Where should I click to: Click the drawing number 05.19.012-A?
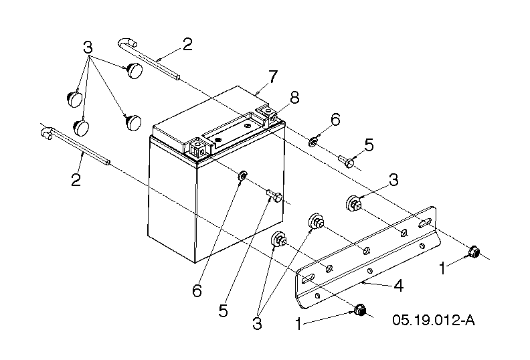pyautogui.click(x=434, y=319)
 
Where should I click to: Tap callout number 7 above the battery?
pyautogui.click(x=272, y=77)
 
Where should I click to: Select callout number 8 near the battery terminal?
pyautogui.click(x=294, y=98)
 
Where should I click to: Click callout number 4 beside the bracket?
pyautogui.click(x=399, y=286)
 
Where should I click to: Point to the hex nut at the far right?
pyautogui.click(x=474, y=251)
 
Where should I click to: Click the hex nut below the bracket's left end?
pyautogui.click(x=360, y=309)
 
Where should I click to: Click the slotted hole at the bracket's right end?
pyautogui.click(x=424, y=223)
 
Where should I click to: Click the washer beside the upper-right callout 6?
pyautogui.click(x=313, y=142)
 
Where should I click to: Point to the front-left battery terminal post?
pyautogui.click(x=197, y=149)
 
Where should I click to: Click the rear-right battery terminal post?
pyautogui.click(x=268, y=113)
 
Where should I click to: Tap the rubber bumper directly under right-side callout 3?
pyautogui.click(x=354, y=204)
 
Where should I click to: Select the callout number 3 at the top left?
pyautogui.click(x=88, y=48)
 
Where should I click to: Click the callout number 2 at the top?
pyautogui.click(x=187, y=45)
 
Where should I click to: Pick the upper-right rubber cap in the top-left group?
pyautogui.click(x=135, y=70)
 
